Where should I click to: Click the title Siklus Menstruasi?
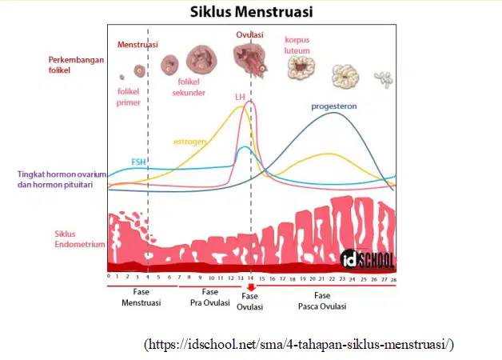[251, 12]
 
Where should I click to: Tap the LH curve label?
[240, 97]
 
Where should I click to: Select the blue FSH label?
[138, 162]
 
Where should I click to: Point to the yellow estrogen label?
[189, 142]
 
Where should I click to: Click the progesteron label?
[334, 106]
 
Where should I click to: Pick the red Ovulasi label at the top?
[249, 34]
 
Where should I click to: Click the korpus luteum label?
[297, 45]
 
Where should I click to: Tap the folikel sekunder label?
[189, 87]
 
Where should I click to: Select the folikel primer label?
[129, 97]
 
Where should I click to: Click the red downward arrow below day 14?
[251, 287]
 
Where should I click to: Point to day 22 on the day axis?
[332, 279]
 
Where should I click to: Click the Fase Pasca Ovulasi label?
[322, 301]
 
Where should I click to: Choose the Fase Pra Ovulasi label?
[210, 298]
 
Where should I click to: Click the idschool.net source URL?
[299, 345]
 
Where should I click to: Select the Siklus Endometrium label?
[80, 239]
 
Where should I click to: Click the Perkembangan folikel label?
[76, 65]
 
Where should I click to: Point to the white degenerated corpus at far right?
[384, 79]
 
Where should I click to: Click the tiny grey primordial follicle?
[122, 77]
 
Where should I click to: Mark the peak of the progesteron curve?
[333, 113]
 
